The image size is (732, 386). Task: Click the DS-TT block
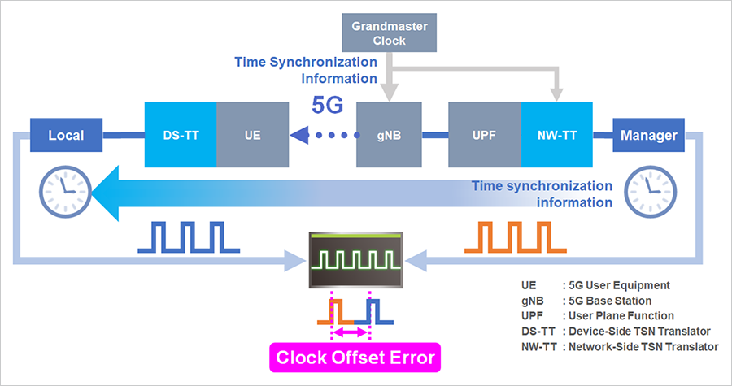coord(180,135)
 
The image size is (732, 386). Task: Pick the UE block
coord(251,135)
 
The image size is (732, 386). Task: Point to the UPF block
coord(484,135)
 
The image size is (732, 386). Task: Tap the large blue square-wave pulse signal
coord(187,236)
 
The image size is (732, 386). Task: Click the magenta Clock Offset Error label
coord(355,358)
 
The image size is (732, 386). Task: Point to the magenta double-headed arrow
coord(351,332)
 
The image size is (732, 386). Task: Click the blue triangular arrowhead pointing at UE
coord(300,136)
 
